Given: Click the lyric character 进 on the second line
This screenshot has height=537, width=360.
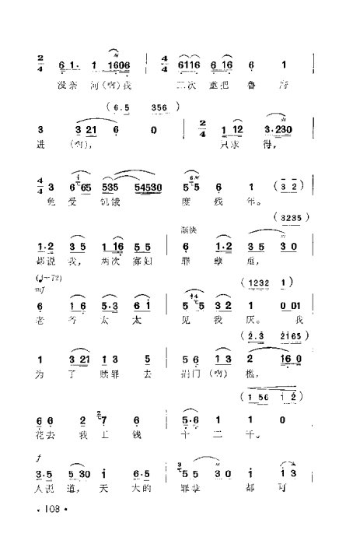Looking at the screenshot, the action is [x=40, y=144].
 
